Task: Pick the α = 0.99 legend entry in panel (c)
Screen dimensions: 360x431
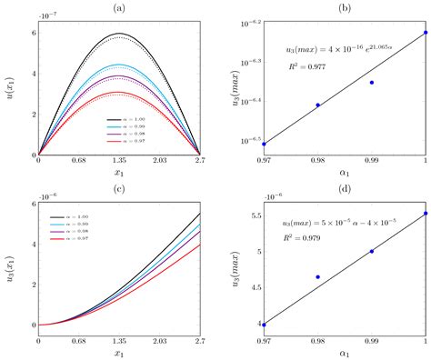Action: click(x=75, y=225)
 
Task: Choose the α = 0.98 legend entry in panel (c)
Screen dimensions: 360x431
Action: click(x=75, y=233)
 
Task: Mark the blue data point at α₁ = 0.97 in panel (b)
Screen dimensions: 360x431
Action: click(x=264, y=144)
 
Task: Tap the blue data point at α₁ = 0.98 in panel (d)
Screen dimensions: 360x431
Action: click(x=317, y=276)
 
